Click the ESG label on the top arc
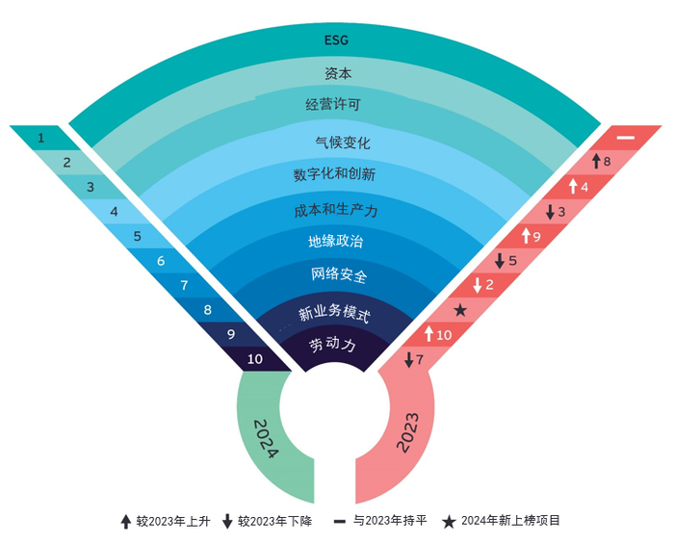tap(336, 40)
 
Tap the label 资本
tap(338, 73)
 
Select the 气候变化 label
tap(343, 143)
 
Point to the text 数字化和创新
tap(334, 174)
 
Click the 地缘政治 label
tap(336, 241)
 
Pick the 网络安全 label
tap(339, 274)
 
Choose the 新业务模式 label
tap(334, 313)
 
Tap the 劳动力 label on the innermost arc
tap(332, 345)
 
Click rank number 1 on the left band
tap(40, 138)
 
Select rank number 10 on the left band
tap(255, 359)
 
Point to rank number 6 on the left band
tap(161, 261)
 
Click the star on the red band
tap(460, 309)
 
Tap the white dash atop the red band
tap(626, 138)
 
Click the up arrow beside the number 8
tap(596, 161)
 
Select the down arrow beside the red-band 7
tap(409, 360)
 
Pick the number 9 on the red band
tap(536, 237)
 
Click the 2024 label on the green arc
tap(267, 439)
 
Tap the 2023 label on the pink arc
tap(407, 432)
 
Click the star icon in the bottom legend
tap(449, 522)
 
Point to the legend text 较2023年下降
tap(275, 521)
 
